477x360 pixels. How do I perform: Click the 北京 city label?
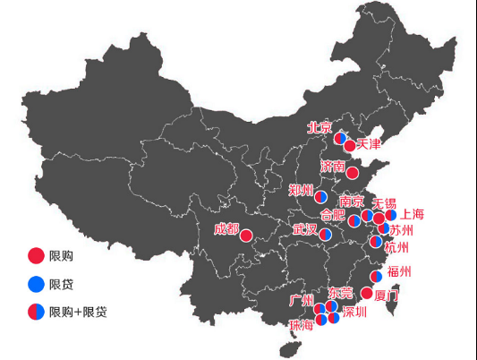coord(319,127)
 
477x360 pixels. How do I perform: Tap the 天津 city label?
coord(369,143)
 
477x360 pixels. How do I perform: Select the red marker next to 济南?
coord(353,173)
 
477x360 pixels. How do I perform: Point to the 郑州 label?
coord(301,190)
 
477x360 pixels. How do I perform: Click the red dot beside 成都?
coord(246,236)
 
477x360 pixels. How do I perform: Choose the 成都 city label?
coord(226,229)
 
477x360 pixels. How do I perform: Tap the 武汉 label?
coord(305,230)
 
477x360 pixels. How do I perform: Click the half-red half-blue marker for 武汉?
coord(327,233)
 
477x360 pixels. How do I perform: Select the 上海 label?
coord(412,214)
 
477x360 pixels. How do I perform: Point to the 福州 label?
coord(399,272)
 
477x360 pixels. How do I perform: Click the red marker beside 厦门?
coord(367,293)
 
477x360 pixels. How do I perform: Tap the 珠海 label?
coord(302,325)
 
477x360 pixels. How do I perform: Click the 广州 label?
coord(302,299)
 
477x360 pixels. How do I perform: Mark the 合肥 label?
coord(331,215)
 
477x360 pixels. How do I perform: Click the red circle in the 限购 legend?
coord(36,255)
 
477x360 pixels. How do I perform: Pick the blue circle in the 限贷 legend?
coord(36,284)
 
